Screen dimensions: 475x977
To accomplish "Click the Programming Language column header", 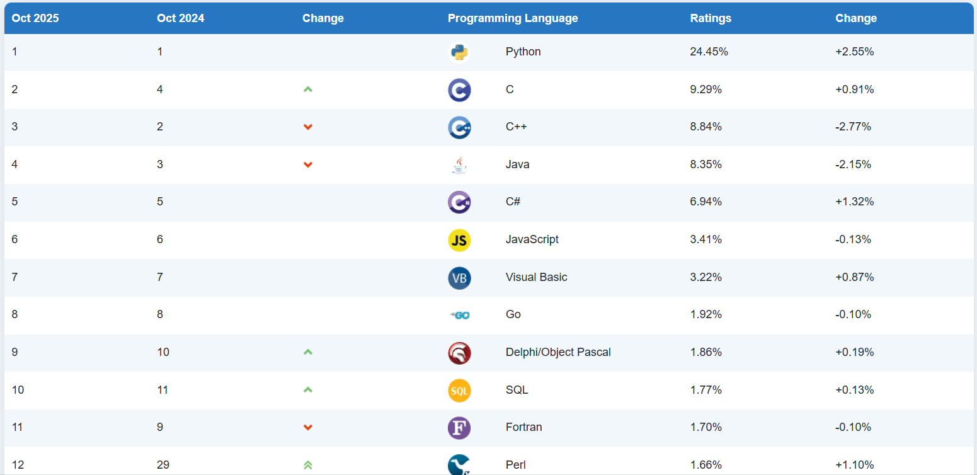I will pos(512,18).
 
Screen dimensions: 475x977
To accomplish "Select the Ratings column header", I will pos(711,18).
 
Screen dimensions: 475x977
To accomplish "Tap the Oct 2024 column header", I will pos(180,18).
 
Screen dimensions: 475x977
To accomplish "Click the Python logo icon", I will pos(459,52).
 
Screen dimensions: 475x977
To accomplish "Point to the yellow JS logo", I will pos(459,240).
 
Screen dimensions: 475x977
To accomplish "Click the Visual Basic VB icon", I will pos(459,278).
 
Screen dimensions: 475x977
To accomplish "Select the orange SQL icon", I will pos(459,391).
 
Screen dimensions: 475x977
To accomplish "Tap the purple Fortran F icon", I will pos(459,428).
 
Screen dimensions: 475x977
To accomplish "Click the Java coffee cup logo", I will pos(459,165).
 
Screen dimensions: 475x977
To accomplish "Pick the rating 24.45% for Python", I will pos(709,52).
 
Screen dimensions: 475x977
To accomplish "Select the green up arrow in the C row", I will pos(308,89).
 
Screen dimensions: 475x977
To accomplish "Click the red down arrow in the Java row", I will pos(308,165).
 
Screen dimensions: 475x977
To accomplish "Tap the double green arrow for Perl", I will pos(308,465).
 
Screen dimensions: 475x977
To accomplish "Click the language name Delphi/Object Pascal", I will pos(558,352).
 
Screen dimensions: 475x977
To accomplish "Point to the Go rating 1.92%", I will pos(706,314).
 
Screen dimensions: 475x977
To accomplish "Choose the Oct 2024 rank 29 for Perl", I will pos(163,465).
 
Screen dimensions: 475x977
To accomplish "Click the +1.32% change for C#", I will pos(854,202).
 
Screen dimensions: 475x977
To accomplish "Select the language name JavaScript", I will pos(532,239).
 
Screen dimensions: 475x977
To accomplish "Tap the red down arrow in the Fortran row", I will pos(308,428).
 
